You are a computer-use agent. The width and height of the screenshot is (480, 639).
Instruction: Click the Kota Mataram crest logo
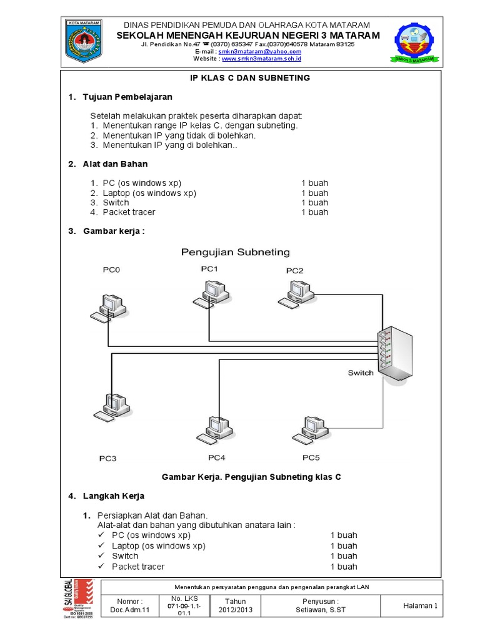[x=87, y=42]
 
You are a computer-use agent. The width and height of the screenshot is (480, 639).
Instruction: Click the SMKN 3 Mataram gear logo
[x=416, y=44]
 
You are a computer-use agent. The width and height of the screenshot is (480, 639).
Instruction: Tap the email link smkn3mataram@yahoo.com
[x=260, y=52]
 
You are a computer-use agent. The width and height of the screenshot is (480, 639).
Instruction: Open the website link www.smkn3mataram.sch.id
[x=261, y=59]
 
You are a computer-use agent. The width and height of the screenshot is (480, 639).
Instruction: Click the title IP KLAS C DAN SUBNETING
[x=250, y=78]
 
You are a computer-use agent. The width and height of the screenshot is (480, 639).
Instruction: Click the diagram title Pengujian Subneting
[x=236, y=252]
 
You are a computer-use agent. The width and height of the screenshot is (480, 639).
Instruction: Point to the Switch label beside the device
[x=361, y=373]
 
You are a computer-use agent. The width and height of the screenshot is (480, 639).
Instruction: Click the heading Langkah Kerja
[x=114, y=496]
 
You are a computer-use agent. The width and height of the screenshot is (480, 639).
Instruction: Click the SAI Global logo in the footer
[x=79, y=599]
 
